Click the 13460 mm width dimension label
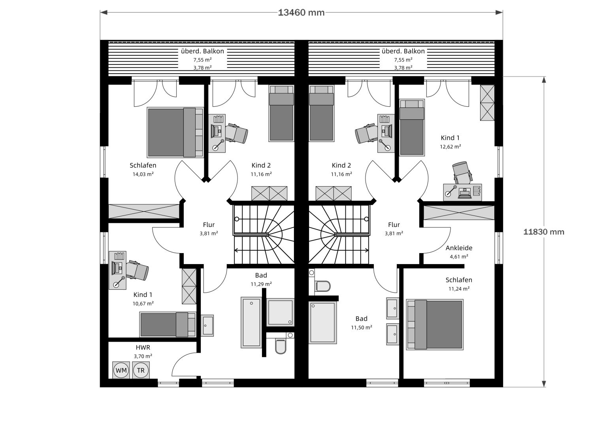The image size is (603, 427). (x=301, y=13)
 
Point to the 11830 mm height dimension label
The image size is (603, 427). (x=543, y=232)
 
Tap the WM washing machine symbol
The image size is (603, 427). (x=121, y=370)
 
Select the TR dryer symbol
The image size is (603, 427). (x=141, y=370)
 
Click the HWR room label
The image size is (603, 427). (x=143, y=348)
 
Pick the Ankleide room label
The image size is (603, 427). (x=459, y=248)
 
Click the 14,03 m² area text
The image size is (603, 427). (x=143, y=174)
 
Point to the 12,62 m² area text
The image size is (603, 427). (x=450, y=147)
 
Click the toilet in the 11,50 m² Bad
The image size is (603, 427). (x=322, y=286)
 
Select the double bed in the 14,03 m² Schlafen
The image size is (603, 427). (x=175, y=132)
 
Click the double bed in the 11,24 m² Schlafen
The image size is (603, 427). (x=435, y=325)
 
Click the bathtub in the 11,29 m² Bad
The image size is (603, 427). (x=251, y=323)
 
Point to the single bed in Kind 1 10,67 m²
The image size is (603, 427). (x=168, y=325)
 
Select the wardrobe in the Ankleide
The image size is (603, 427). (x=459, y=213)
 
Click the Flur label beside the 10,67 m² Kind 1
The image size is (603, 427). (x=209, y=225)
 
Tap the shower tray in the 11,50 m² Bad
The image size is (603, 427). (x=322, y=323)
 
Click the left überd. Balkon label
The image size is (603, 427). (x=202, y=51)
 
